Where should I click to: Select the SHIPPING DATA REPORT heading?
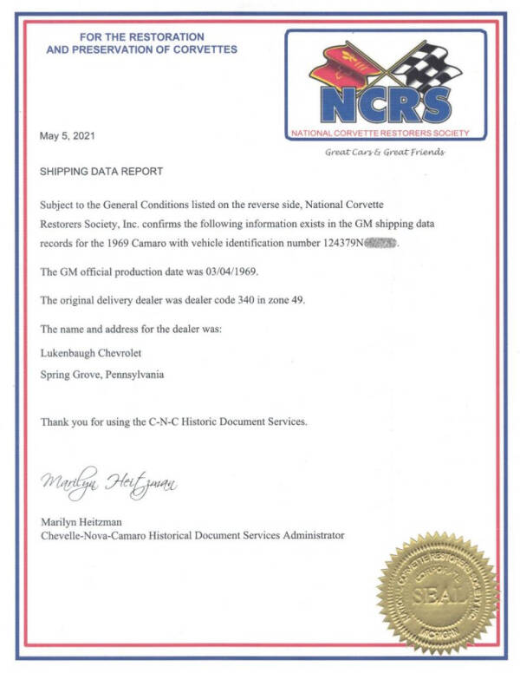coord(101,172)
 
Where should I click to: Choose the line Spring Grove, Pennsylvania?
coord(103,375)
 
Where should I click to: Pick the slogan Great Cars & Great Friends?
coord(384,152)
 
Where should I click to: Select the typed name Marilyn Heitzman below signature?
coord(82,521)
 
